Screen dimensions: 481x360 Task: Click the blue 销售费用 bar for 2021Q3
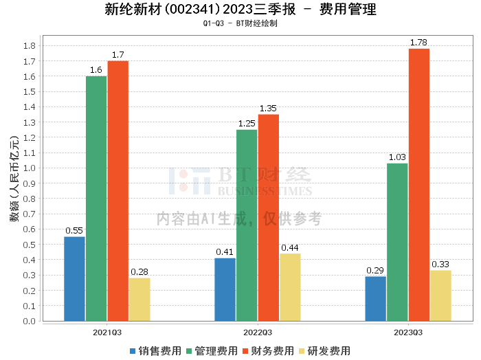(74, 279)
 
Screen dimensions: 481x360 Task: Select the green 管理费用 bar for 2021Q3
(96, 199)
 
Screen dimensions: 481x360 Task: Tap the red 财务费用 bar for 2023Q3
(419, 185)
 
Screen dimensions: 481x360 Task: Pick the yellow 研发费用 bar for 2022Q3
(290, 287)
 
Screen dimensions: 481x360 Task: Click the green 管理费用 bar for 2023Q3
(397, 243)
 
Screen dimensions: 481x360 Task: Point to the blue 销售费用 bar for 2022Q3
(225, 289)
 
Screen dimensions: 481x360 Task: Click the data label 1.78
(418, 43)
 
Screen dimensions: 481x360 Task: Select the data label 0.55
(74, 231)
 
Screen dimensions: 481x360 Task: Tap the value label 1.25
(247, 124)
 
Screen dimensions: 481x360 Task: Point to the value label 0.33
(440, 265)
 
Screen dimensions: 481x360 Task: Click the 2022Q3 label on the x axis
(258, 333)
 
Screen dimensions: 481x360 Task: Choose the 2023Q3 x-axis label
(408, 333)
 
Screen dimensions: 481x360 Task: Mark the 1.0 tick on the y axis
(30, 168)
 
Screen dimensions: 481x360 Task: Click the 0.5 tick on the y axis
(30, 245)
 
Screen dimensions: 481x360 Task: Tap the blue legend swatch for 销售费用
(133, 351)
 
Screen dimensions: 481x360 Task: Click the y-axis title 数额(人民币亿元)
(14, 179)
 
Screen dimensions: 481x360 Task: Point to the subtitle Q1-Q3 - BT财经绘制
(240, 23)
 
